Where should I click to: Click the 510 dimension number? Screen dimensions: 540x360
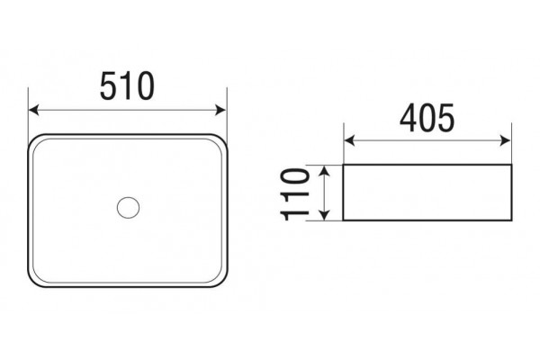click(127, 86)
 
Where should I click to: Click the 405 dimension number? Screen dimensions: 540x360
click(427, 118)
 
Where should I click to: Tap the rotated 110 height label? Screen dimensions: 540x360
click(295, 194)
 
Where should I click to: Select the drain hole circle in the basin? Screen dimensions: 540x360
click(128, 208)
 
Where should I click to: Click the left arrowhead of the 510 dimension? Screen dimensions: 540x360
click(33, 110)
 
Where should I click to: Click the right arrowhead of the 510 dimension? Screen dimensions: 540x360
click(220, 110)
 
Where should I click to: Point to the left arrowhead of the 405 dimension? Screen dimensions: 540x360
click(349, 140)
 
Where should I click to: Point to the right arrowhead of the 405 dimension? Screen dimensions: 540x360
click(505, 140)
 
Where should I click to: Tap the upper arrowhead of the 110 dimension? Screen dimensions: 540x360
click(324, 171)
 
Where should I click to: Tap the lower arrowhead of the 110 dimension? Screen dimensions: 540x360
click(324, 214)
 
